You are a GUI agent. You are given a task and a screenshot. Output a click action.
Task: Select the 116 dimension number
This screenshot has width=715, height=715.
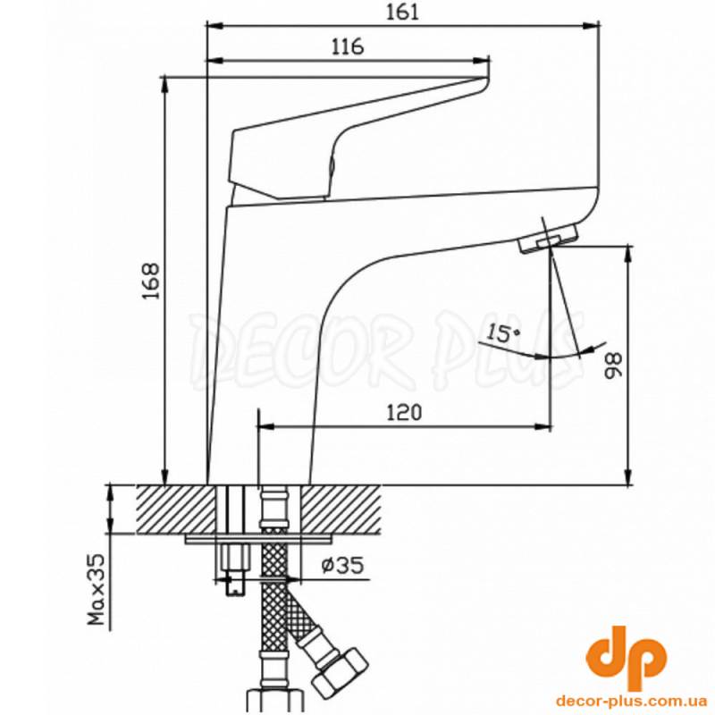(348, 46)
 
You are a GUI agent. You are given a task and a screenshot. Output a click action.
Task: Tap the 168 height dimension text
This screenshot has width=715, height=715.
(151, 281)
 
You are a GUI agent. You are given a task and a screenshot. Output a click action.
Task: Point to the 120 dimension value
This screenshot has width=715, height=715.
(405, 413)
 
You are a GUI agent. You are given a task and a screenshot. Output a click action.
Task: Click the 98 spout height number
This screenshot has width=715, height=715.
(613, 365)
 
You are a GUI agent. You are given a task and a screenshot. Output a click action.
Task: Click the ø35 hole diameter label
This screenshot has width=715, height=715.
(343, 566)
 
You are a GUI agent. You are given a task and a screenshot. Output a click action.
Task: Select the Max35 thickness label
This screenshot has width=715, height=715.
(97, 590)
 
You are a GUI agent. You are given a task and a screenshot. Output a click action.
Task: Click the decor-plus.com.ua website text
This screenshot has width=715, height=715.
(632, 701)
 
